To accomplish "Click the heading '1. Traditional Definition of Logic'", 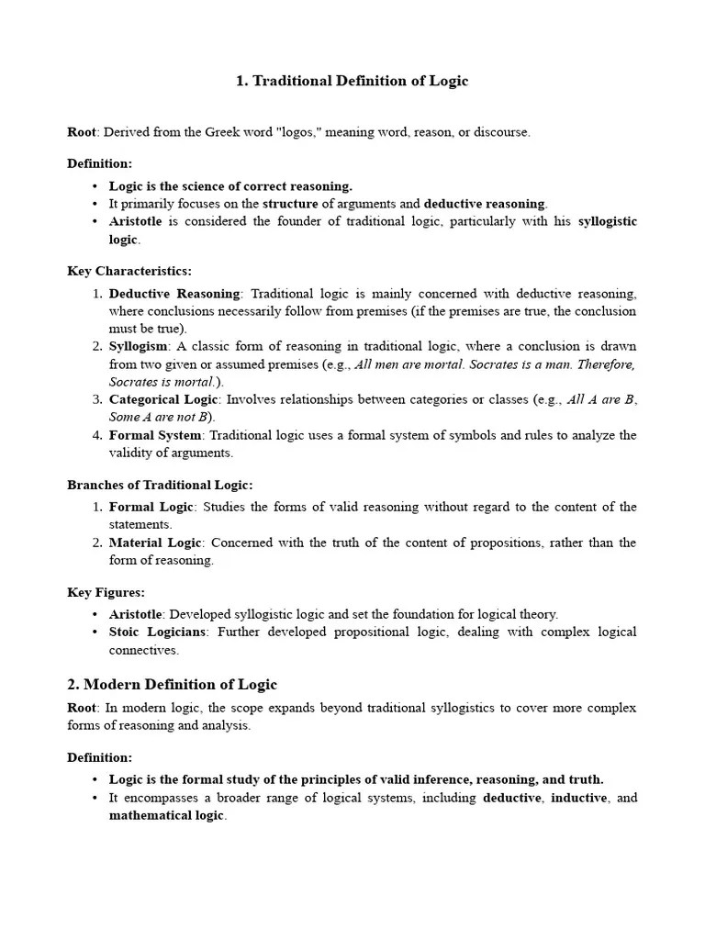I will pyautogui.click(x=352, y=81).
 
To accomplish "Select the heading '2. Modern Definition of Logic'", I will pyautogui.click(x=172, y=684).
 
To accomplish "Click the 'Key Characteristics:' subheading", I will pyautogui.click(x=129, y=271).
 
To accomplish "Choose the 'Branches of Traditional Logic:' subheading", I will pyautogui.click(x=160, y=485).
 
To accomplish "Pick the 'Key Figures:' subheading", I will pyautogui.click(x=106, y=592).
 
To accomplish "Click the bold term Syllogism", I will pyautogui.click(x=139, y=346).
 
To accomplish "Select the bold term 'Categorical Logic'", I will pyautogui.click(x=163, y=399).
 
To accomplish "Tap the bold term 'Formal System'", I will pyautogui.click(x=154, y=435).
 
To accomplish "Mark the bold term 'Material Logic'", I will pyautogui.click(x=151, y=543).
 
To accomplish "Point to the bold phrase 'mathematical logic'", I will pyautogui.click(x=166, y=815).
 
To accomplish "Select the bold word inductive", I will pyautogui.click(x=578, y=798).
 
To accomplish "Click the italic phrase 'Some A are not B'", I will pyautogui.click(x=161, y=417).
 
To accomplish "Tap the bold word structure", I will pyautogui.click(x=290, y=204).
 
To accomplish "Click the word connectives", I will pyautogui.click(x=144, y=650).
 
